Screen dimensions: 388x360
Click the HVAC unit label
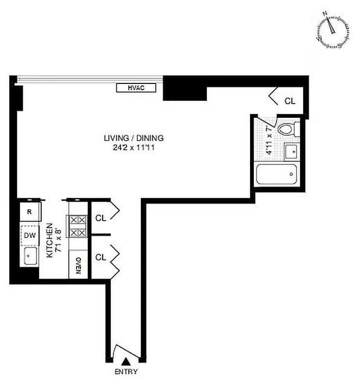(x=136, y=88)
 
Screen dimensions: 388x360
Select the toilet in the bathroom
(x=287, y=129)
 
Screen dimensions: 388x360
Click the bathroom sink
(x=291, y=152)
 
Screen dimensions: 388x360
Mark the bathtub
(x=277, y=174)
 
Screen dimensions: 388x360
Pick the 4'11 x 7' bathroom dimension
(x=269, y=141)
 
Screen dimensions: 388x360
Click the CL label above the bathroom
(x=290, y=101)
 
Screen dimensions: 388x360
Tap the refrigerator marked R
(x=29, y=212)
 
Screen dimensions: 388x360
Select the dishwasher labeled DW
(x=29, y=236)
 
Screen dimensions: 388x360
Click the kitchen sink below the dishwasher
(x=29, y=256)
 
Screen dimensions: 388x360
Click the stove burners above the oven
(x=78, y=226)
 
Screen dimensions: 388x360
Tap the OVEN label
(x=78, y=266)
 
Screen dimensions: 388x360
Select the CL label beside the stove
(x=101, y=218)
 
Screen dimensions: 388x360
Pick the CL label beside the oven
(x=101, y=258)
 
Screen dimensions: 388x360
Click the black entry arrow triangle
(x=126, y=360)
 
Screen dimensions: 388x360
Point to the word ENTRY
(x=126, y=372)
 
